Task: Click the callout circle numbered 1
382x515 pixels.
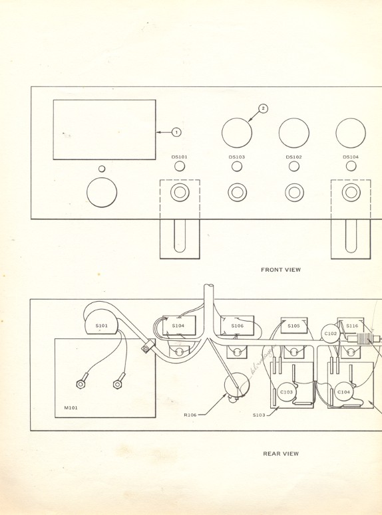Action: [176, 132]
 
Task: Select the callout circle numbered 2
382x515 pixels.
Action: [263, 108]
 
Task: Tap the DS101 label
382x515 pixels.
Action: [180, 157]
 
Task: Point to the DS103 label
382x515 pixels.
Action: [237, 157]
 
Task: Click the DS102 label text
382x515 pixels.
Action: [294, 157]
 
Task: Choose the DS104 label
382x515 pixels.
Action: [351, 157]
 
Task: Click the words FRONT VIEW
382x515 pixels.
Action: [281, 270]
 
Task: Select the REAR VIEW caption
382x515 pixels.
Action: [281, 454]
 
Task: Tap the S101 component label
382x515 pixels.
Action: [101, 326]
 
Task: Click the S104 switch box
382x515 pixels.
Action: [178, 326]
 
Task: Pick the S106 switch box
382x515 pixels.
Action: [238, 326]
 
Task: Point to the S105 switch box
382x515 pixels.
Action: [294, 326]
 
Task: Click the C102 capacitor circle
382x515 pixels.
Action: [331, 334]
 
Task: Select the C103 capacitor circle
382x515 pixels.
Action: [286, 392]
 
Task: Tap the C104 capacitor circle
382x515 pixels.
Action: [343, 392]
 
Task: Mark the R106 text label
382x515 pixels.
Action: [190, 415]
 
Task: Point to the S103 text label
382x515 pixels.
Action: [259, 415]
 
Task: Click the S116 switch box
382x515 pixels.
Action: [351, 326]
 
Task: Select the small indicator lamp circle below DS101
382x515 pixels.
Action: [180, 166]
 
